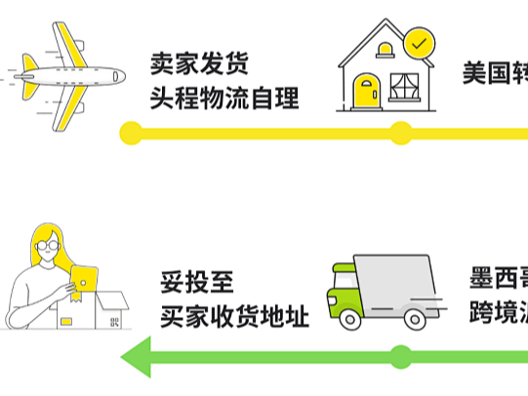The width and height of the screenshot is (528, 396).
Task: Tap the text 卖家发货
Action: click(x=199, y=64)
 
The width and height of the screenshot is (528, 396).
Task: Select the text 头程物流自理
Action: click(x=223, y=98)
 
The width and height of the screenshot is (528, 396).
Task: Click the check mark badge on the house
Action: click(x=419, y=44)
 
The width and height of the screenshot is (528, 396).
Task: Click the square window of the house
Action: click(x=402, y=87)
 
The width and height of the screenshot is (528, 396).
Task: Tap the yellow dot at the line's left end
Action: click(x=130, y=133)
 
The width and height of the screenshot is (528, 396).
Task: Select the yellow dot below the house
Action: click(x=400, y=133)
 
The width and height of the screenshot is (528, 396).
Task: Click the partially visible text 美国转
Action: click(x=495, y=72)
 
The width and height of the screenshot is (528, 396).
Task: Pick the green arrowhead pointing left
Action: click(x=138, y=357)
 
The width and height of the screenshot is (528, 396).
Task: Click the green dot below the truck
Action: click(x=400, y=356)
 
